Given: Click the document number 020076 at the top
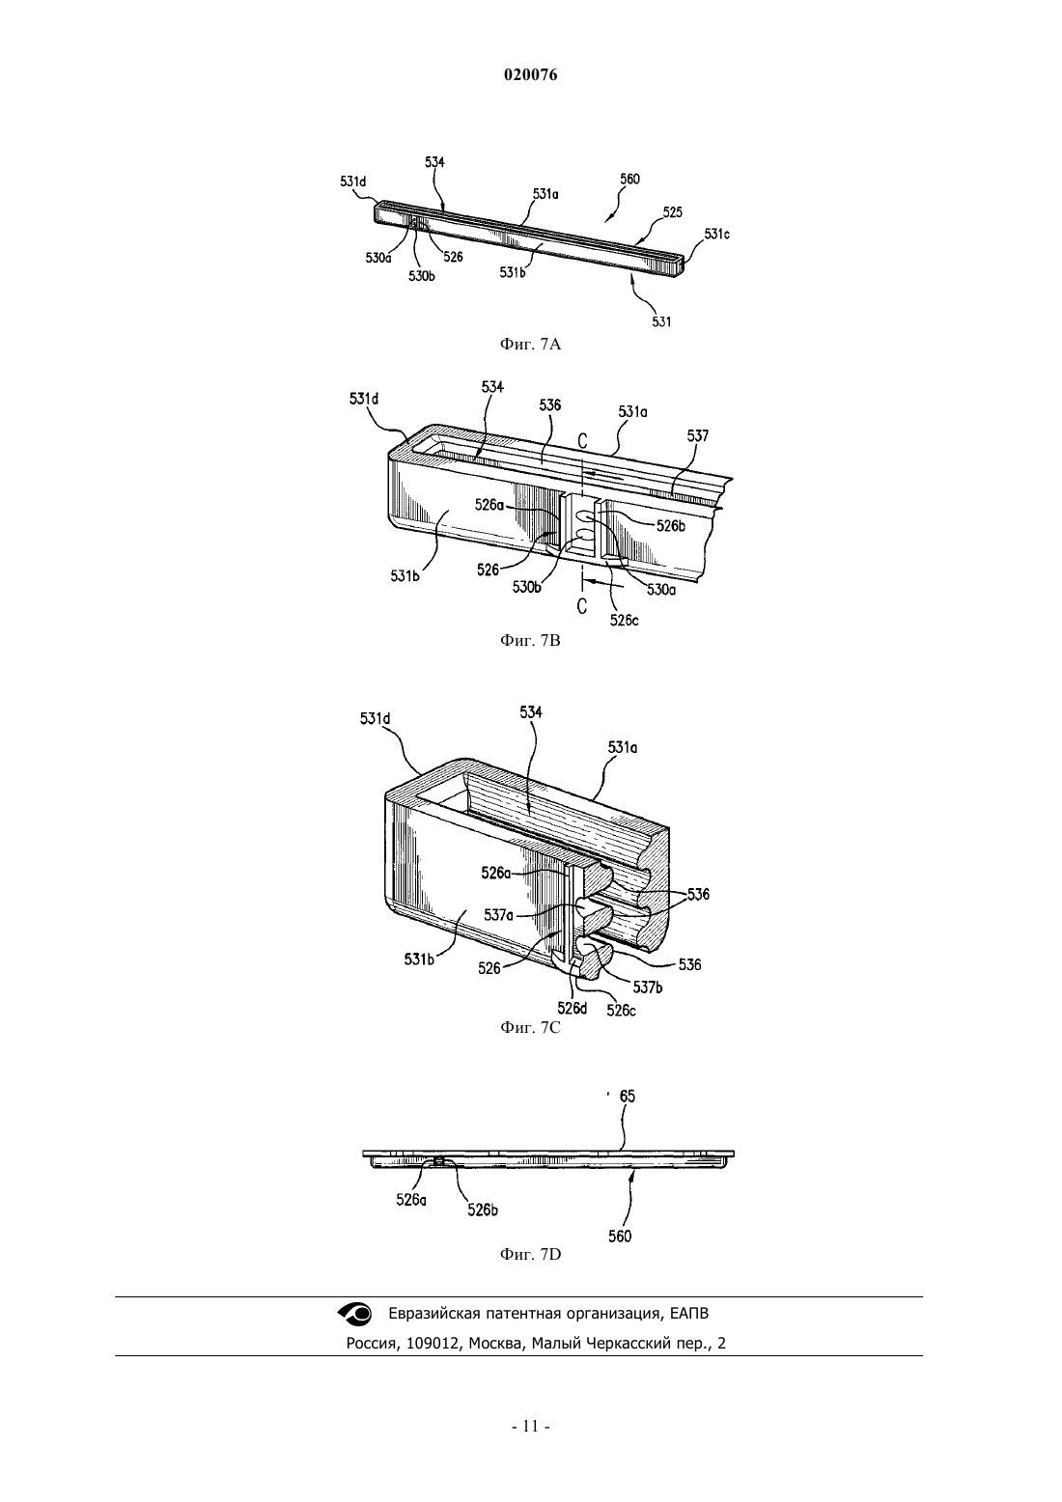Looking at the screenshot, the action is click(x=530, y=75).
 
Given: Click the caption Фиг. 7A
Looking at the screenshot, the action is click(x=530, y=345).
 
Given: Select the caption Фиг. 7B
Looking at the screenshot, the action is click(x=530, y=641).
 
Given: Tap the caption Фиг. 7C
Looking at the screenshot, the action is click(x=530, y=1027).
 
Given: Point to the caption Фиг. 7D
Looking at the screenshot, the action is click(x=530, y=1254).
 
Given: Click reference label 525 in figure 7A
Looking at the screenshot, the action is click(x=673, y=212).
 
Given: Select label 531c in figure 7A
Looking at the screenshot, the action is click(x=716, y=234).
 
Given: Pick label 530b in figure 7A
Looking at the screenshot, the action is click(x=422, y=276).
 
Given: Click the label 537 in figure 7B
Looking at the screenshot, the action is click(x=697, y=436).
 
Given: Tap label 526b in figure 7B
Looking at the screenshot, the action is click(x=671, y=526).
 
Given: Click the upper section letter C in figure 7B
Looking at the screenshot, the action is click(x=582, y=441).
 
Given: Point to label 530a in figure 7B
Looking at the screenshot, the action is click(x=661, y=590).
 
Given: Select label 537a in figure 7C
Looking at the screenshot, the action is click(x=498, y=914).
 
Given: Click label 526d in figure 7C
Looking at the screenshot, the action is click(x=572, y=1008).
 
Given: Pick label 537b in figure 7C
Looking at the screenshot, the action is click(x=648, y=987).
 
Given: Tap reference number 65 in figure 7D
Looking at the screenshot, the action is click(x=627, y=1097).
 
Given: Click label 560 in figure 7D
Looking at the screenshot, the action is click(x=620, y=1236).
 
